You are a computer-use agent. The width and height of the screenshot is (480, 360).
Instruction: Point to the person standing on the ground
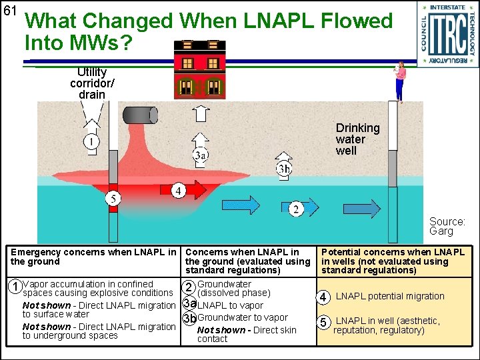click(399, 81)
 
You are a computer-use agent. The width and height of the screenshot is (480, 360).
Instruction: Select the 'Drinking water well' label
click(357, 139)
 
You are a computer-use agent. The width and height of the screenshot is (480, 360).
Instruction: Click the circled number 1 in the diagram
click(91, 142)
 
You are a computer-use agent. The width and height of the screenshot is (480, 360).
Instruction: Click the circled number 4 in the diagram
click(178, 191)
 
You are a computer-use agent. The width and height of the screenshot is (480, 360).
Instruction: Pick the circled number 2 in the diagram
click(295, 210)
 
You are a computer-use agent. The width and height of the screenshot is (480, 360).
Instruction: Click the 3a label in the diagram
click(200, 155)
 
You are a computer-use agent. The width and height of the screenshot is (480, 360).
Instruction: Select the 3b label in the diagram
click(284, 169)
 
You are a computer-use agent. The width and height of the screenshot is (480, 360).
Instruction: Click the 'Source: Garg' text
click(447, 227)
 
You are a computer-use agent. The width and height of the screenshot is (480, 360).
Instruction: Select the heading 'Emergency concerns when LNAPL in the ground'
click(93, 257)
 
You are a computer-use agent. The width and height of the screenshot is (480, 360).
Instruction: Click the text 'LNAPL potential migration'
click(390, 296)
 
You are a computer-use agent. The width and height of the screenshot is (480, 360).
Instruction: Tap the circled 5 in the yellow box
click(323, 323)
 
